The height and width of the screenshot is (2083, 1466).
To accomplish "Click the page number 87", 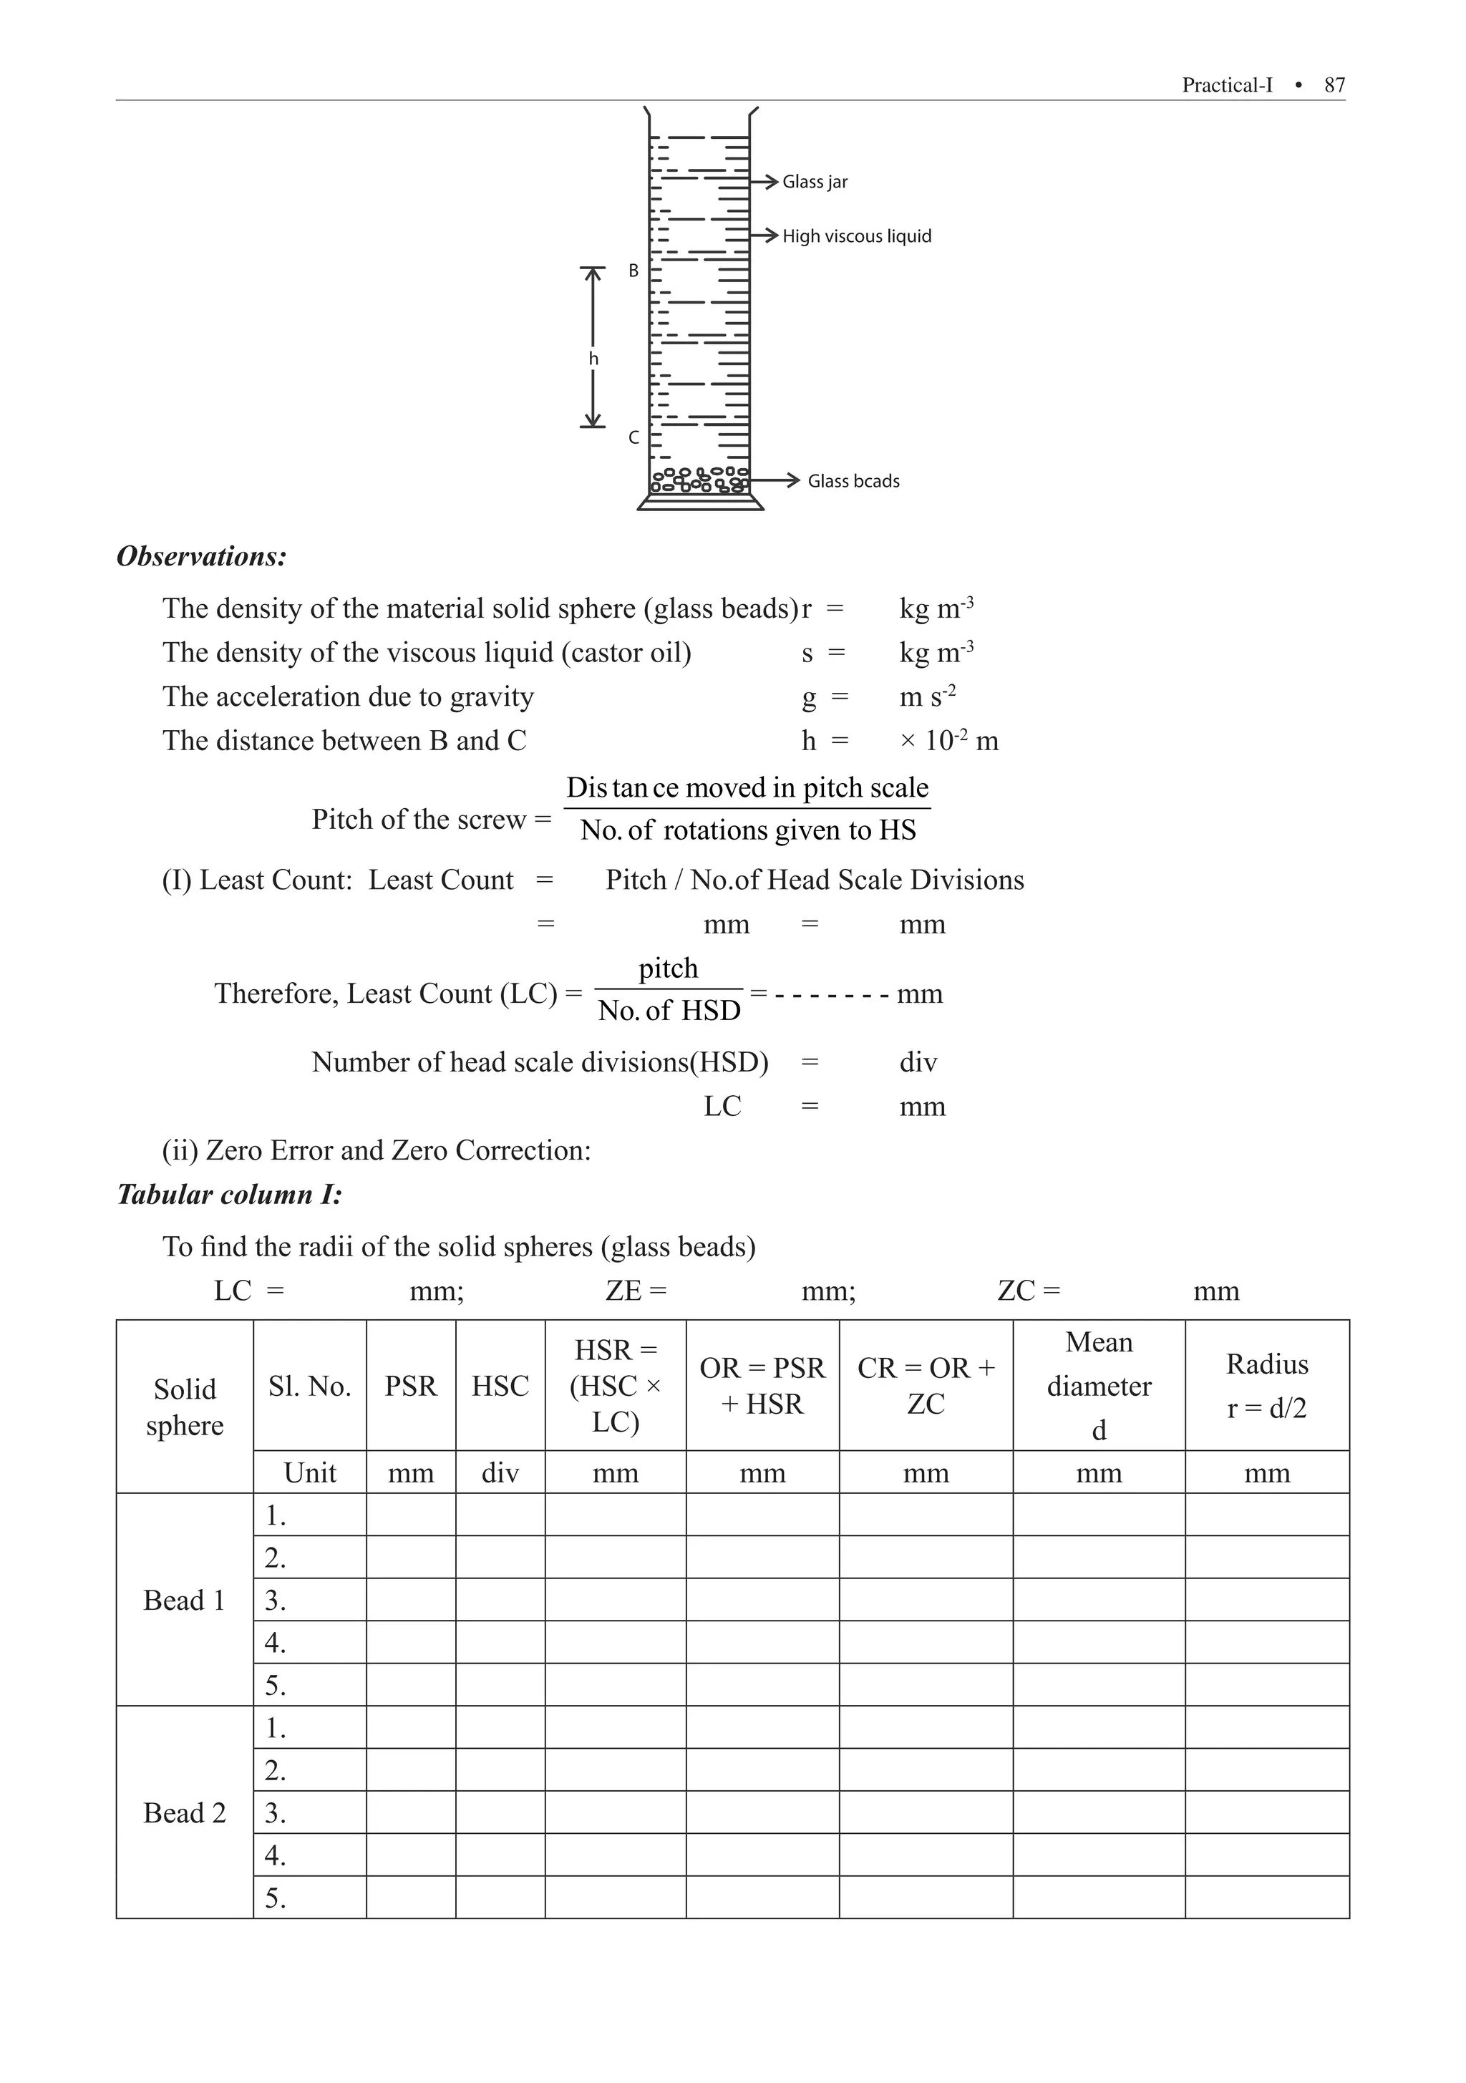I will tap(1334, 85).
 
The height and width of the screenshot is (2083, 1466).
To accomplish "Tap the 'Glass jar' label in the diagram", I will tap(815, 181).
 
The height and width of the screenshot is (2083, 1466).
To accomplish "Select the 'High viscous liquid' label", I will tap(856, 236).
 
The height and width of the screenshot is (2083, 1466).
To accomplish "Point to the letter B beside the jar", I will tap(634, 271).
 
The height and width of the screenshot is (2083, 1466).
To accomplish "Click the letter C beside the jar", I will tap(634, 437).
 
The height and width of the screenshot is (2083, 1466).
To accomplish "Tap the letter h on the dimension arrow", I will tap(593, 359).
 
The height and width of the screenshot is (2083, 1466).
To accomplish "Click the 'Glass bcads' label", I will tap(853, 481).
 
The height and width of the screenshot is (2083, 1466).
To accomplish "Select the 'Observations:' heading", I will tap(201, 556).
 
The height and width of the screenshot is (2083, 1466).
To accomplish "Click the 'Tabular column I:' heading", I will tap(230, 1194).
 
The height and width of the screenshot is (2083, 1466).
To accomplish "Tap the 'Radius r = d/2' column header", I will tap(1266, 1385).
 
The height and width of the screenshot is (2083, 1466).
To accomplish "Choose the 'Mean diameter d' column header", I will tap(1099, 1385).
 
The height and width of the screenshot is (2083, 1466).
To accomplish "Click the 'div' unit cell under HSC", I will tap(500, 1472).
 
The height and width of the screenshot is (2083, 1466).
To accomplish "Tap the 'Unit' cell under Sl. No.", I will tap(309, 1472).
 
